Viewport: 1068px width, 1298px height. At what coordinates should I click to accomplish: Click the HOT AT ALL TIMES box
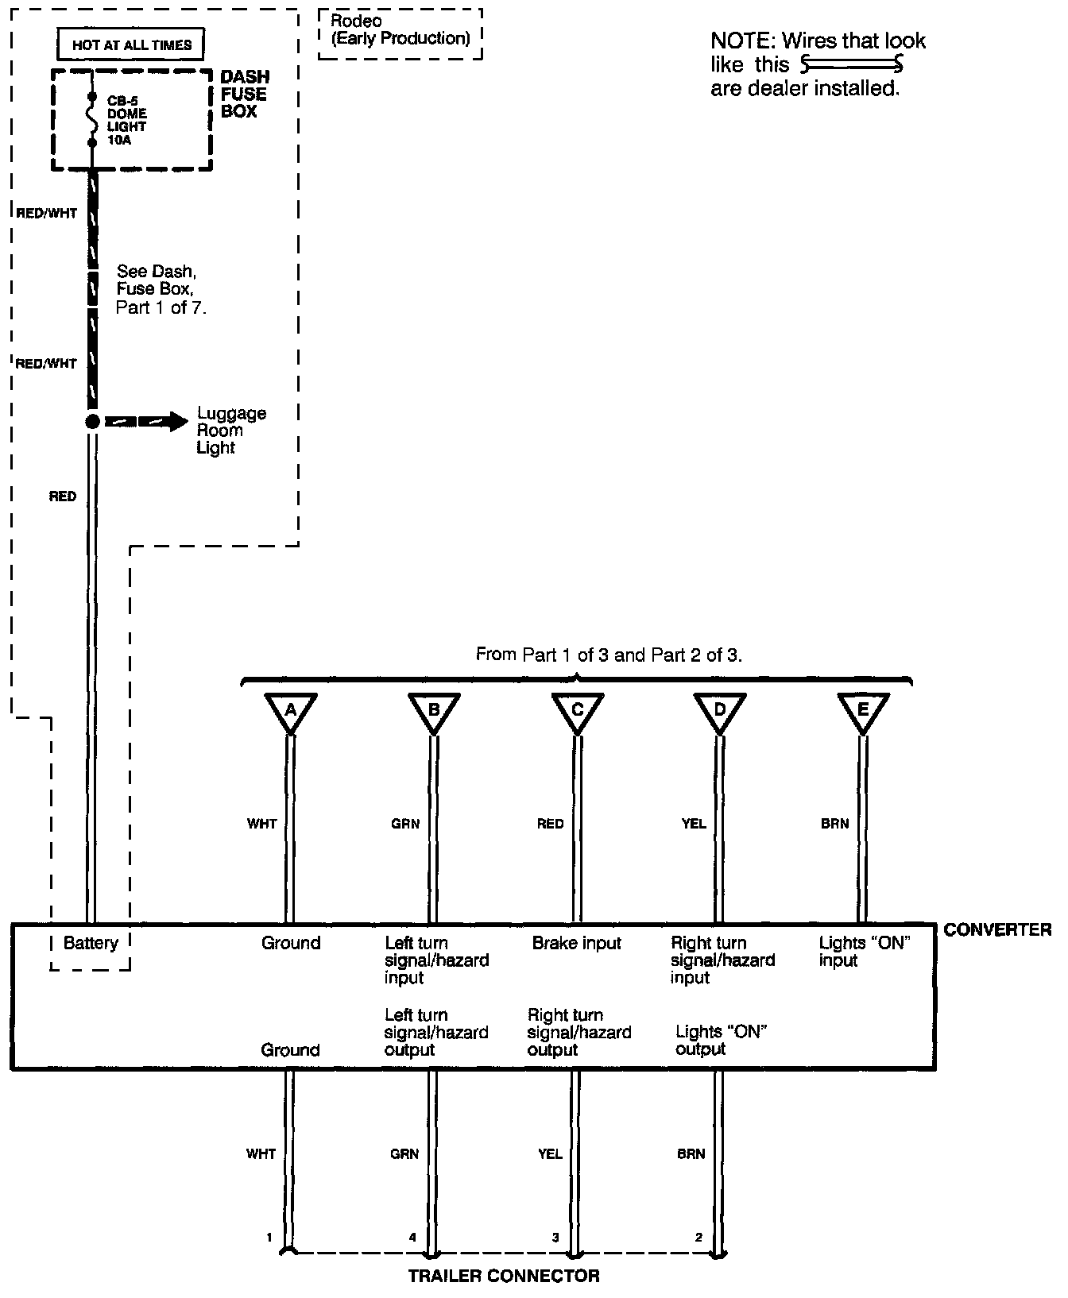131,45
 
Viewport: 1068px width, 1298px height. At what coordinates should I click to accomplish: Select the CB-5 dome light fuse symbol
92,119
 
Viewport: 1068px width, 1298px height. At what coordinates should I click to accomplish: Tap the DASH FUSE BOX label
245,94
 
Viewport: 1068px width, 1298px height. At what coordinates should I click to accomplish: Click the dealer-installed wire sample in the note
853,64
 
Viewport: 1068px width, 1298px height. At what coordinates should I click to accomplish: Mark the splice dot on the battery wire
92,422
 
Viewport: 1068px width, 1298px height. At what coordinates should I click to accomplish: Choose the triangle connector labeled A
291,710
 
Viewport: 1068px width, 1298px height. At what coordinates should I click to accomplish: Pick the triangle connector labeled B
434,710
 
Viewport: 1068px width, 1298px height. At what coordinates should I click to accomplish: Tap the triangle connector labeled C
578,710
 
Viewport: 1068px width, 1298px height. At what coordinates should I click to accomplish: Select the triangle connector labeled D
720,710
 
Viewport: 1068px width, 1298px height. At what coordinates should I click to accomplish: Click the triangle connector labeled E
863,710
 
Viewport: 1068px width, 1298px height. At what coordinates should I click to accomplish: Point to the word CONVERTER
996,929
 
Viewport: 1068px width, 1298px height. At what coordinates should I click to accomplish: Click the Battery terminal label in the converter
91,943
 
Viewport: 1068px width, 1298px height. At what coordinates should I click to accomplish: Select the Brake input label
577,943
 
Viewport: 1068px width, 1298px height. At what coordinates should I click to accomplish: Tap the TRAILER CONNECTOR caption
504,1276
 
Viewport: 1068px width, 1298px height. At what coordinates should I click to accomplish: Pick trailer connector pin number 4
412,1237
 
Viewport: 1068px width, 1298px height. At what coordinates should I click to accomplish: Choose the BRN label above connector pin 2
691,1153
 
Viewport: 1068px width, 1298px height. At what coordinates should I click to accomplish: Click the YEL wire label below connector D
694,824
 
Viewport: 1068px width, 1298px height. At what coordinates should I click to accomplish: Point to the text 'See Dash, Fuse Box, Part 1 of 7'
161,289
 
